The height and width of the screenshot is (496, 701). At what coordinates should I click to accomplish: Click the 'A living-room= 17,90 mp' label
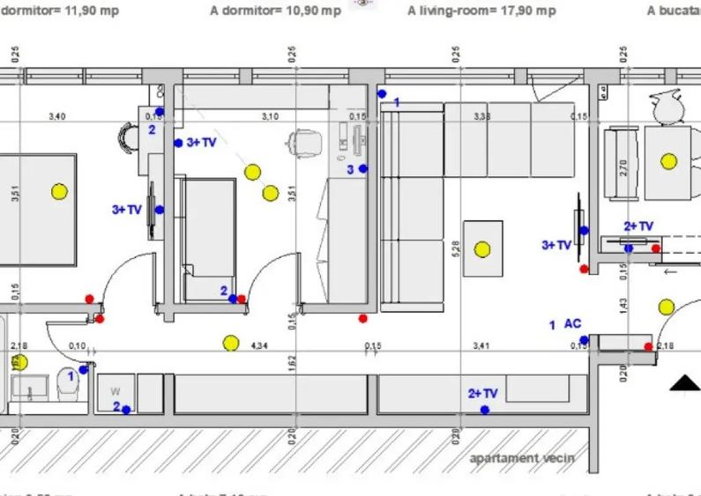[481, 11]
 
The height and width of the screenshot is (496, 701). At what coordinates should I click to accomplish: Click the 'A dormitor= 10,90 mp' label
[275, 11]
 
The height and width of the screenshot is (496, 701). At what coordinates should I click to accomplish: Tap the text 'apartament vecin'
[521, 457]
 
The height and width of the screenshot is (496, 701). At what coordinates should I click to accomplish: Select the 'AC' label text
[572, 324]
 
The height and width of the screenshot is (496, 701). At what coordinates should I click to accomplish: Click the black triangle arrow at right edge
[685, 382]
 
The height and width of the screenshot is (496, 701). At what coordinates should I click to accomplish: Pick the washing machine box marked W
[116, 391]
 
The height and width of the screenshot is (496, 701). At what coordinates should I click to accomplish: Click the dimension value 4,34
[259, 346]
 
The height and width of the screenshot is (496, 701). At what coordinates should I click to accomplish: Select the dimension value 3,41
[481, 346]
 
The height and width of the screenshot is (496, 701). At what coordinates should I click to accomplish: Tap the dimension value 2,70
[624, 167]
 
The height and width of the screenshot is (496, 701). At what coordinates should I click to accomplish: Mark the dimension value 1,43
[624, 305]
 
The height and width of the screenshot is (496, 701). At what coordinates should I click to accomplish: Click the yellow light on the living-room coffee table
[482, 249]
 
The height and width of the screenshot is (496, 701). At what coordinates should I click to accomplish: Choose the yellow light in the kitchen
[669, 161]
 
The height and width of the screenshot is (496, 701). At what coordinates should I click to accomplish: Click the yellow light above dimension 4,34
[231, 343]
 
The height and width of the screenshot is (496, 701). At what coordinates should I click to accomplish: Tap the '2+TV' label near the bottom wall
[482, 394]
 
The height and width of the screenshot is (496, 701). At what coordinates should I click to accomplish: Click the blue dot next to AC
[584, 339]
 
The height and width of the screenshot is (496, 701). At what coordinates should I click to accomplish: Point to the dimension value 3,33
[481, 116]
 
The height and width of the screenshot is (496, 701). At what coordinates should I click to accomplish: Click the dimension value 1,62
[292, 362]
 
